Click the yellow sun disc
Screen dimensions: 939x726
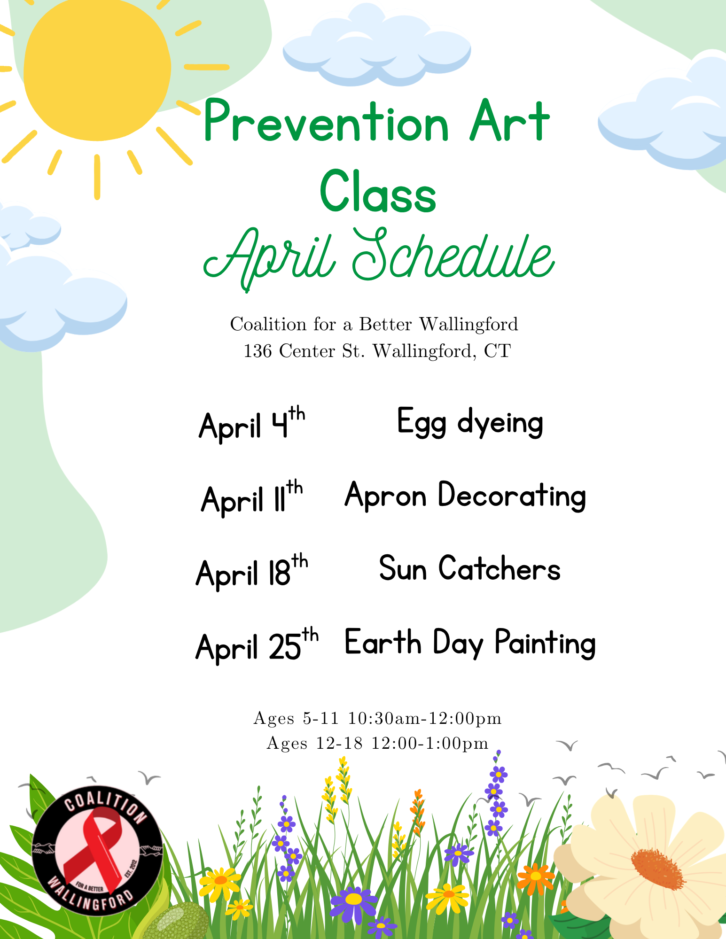pyautogui.click(x=97, y=68)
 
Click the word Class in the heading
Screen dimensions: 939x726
pyautogui.click(x=378, y=193)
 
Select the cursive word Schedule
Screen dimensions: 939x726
pyautogui.click(x=453, y=256)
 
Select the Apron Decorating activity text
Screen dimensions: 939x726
pyautogui.click(x=465, y=496)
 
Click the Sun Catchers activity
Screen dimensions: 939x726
pyautogui.click(x=470, y=569)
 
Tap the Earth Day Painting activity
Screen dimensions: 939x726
pyautogui.click(x=470, y=643)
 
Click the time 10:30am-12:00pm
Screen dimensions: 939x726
pyautogui.click(x=425, y=718)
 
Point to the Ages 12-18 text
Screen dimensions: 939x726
pyautogui.click(x=314, y=743)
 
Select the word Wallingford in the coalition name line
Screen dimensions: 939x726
pyautogui.click(x=468, y=324)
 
